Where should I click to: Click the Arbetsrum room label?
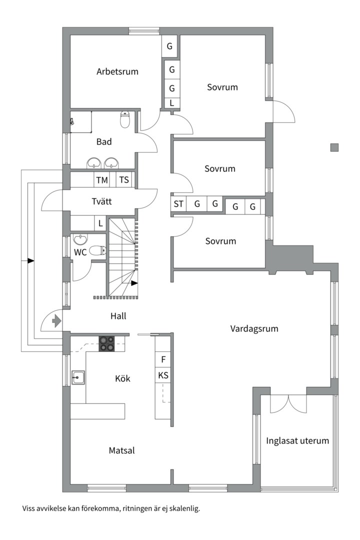point(117,71)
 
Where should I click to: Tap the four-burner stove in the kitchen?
point(106,342)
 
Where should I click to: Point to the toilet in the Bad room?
point(125,120)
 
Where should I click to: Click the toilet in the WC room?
point(99,250)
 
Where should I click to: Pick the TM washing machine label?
point(102,180)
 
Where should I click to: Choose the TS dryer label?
point(123,180)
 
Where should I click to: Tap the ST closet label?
point(178,204)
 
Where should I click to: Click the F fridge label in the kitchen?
point(163,359)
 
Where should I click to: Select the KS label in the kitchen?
point(163,375)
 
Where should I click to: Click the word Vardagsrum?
point(254,328)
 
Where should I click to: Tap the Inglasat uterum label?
point(297,440)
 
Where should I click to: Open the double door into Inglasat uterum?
point(288,403)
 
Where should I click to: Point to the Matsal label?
point(121,450)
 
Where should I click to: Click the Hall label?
point(118,316)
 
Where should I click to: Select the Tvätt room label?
point(101,202)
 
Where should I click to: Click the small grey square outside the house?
point(334,147)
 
